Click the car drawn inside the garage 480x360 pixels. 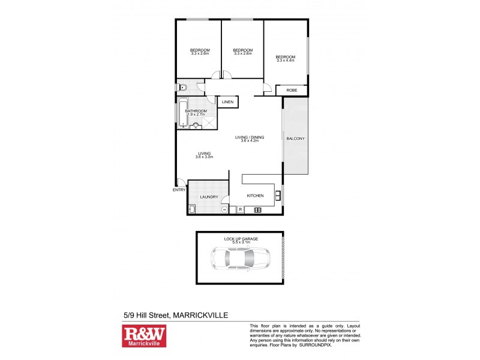(240, 259)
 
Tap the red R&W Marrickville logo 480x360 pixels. (144, 336)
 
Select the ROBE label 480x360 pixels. (292, 90)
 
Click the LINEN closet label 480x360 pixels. (227, 103)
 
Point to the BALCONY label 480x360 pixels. (295, 139)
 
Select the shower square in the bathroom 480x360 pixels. (207, 121)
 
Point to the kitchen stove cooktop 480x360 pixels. (257, 209)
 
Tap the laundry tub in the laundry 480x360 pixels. (192, 209)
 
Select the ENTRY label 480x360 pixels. (179, 190)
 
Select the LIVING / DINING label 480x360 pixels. (249, 137)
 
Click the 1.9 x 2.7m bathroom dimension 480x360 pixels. (196, 114)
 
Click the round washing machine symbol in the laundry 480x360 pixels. (224, 209)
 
